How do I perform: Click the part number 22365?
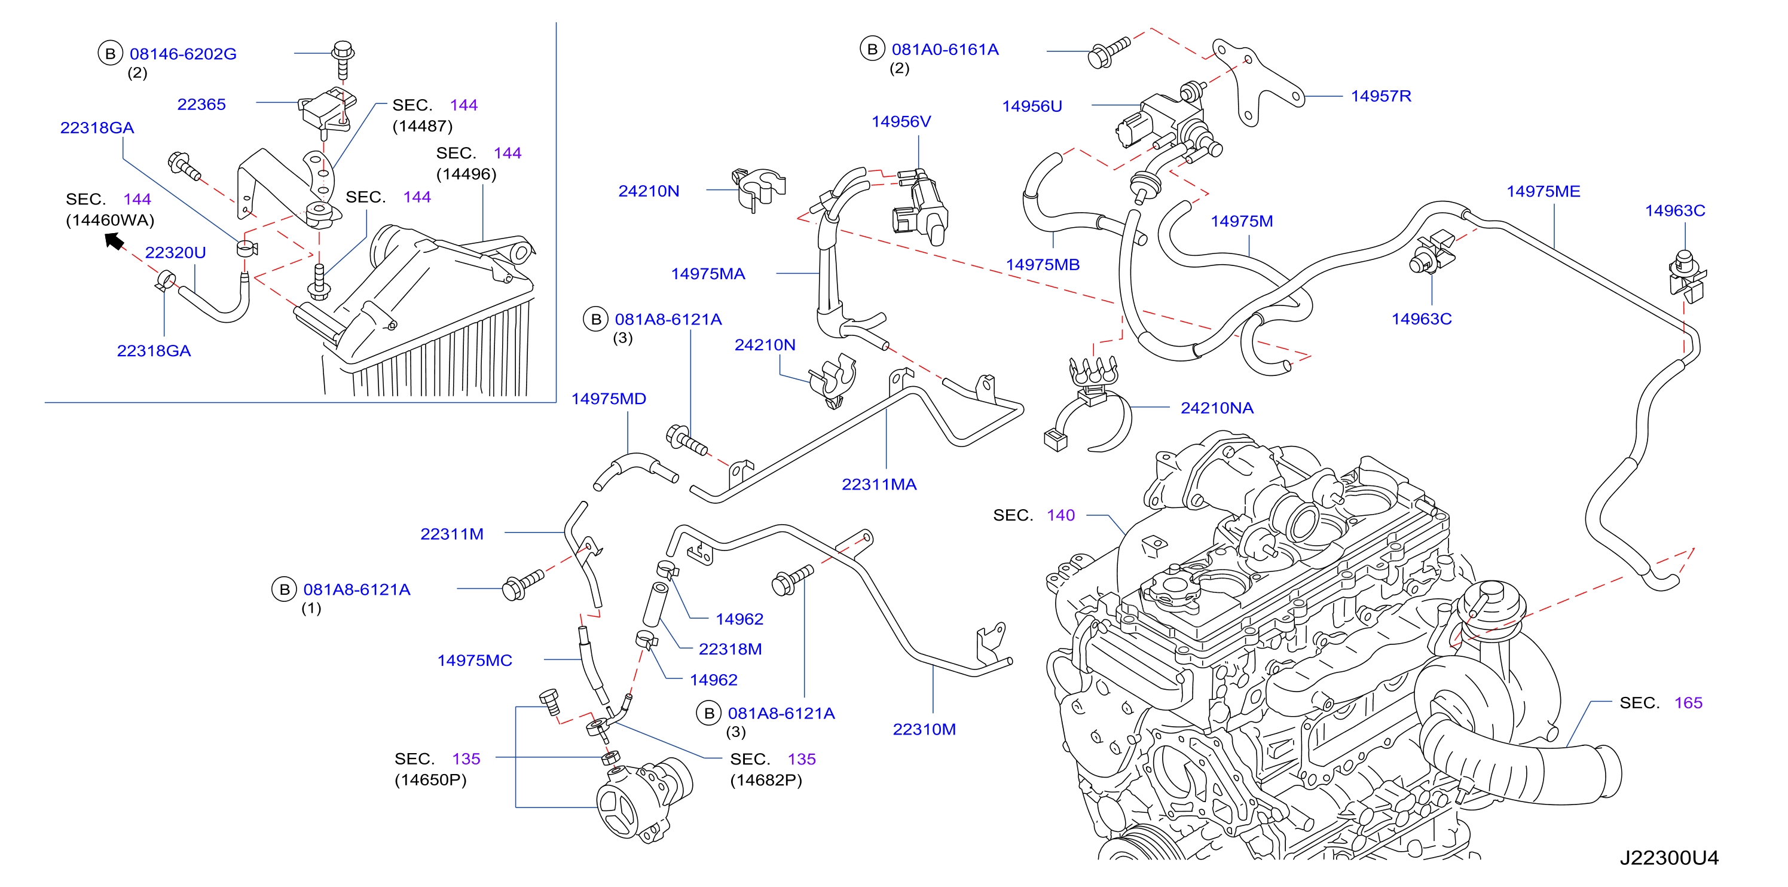point(201,104)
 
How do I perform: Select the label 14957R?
point(1380,96)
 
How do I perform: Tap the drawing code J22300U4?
point(1668,858)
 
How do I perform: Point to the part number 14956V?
point(901,121)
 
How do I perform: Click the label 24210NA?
point(1217,408)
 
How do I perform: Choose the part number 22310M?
point(924,729)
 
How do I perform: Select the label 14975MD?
point(608,399)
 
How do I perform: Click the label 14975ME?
point(1543,191)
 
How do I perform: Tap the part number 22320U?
point(175,252)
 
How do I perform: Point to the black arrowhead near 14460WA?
point(114,241)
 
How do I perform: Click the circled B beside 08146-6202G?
point(109,53)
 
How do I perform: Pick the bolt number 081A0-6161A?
point(945,49)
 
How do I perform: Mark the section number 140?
point(1060,515)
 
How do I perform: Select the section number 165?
point(1688,702)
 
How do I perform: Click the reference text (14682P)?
point(766,780)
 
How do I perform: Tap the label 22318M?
point(729,649)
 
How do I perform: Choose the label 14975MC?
point(474,660)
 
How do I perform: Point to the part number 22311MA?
point(879,485)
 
